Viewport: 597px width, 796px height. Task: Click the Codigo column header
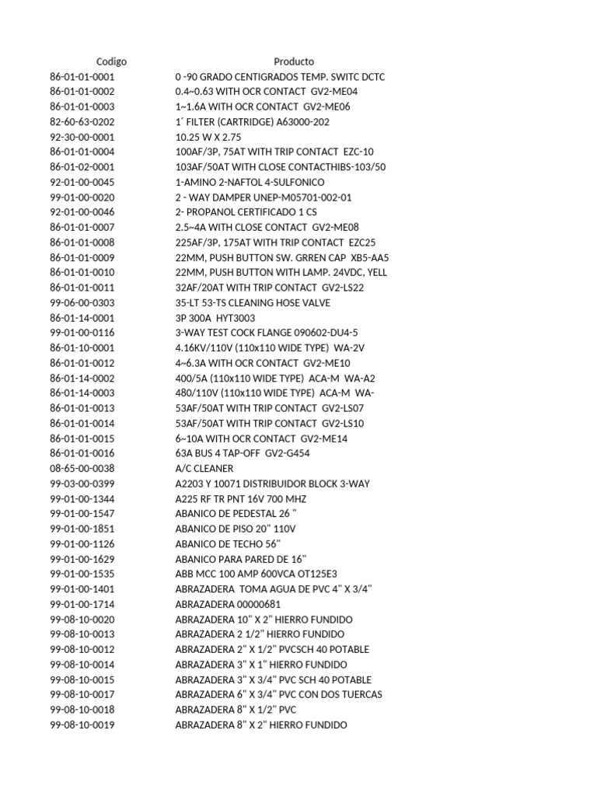click(x=111, y=61)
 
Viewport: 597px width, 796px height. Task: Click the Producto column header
click(x=294, y=61)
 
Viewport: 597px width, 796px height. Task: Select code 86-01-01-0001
click(x=82, y=77)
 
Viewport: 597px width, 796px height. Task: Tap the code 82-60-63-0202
click(x=82, y=122)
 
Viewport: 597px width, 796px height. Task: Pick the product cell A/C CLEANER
click(x=204, y=469)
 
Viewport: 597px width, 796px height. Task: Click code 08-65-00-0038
click(x=82, y=469)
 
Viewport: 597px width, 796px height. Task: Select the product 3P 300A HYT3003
click(x=215, y=318)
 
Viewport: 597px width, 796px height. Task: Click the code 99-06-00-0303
click(x=82, y=302)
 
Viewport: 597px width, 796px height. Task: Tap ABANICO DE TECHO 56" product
click(x=228, y=544)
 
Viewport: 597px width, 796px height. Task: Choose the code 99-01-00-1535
click(x=82, y=574)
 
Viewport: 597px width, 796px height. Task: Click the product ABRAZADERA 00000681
click(x=229, y=604)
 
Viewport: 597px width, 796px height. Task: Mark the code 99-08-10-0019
click(x=82, y=724)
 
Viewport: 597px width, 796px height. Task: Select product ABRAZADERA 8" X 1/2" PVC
click(x=236, y=710)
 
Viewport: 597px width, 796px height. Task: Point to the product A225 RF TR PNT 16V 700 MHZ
click(x=240, y=498)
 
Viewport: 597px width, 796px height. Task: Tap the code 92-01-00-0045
click(x=82, y=182)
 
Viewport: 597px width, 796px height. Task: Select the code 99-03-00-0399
click(x=82, y=484)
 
